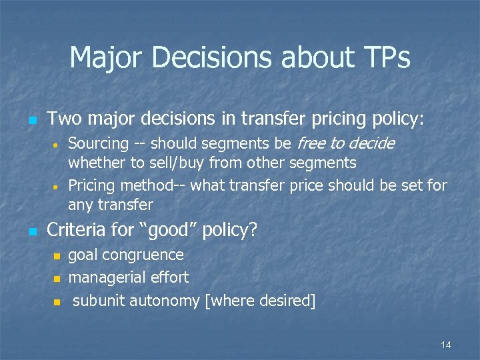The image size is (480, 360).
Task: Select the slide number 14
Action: pyautogui.click(x=446, y=345)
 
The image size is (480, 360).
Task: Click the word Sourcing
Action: pyautogui.click(x=98, y=143)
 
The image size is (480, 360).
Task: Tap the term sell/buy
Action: pyautogui.click(x=179, y=163)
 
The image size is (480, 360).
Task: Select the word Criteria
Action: pyautogui.click(x=76, y=231)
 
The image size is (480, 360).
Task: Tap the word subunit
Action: pyautogui.click(x=98, y=301)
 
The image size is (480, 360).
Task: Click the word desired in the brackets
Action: pyautogui.click(x=284, y=301)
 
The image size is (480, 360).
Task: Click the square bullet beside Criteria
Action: pyautogui.click(x=31, y=232)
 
